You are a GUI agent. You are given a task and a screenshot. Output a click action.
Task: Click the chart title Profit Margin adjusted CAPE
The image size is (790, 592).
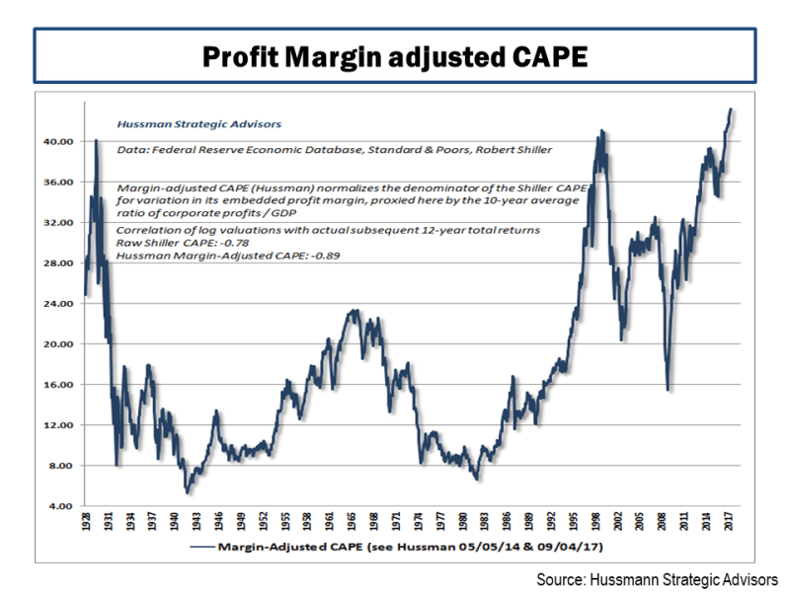point(394,55)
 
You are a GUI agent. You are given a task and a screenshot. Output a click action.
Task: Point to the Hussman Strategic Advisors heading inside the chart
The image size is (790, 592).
point(198,125)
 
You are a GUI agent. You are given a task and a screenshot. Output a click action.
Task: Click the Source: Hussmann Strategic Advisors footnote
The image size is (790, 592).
point(658,578)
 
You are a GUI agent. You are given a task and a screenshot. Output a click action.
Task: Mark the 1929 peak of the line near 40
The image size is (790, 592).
point(96,140)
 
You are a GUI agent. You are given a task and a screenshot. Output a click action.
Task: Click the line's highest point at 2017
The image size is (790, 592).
point(731,110)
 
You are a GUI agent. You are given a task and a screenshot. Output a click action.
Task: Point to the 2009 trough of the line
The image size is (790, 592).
point(670,390)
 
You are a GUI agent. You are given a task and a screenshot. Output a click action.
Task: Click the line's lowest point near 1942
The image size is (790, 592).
point(187,492)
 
